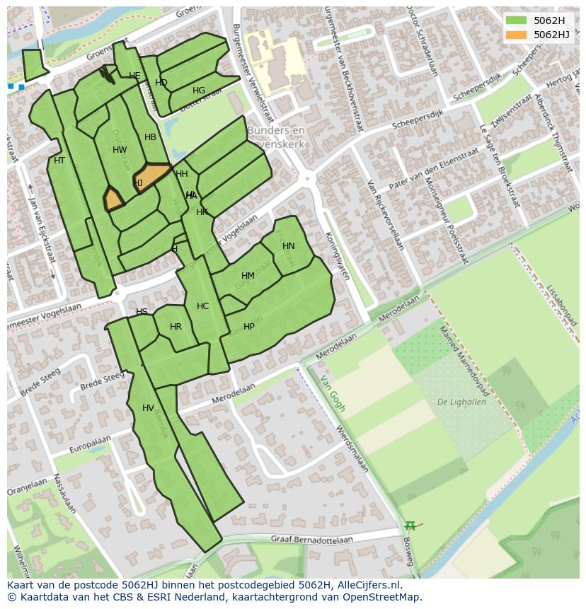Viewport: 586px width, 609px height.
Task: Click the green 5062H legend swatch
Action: click(516, 21)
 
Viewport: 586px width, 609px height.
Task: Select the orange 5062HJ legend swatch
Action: click(516, 35)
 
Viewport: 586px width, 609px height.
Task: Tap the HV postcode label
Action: click(148, 408)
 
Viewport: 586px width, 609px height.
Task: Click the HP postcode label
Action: click(249, 327)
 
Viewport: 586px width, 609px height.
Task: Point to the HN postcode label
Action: click(288, 246)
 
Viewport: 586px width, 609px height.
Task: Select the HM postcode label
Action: click(248, 276)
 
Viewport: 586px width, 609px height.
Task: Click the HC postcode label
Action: click(203, 306)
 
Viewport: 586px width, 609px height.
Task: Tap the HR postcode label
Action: click(176, 327)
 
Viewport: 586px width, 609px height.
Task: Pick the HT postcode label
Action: click(59, 161)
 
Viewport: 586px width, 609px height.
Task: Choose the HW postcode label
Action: click(120, 150)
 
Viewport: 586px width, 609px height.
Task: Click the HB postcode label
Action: click(150, 137)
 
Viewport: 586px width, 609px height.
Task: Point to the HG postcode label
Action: click(199, 91)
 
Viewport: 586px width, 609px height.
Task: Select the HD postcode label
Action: click(161, 83)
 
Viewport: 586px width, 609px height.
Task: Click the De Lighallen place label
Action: click(461, 402)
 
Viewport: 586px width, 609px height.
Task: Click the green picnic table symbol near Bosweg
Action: click(410, 526)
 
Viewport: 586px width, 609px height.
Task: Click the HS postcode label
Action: click(142, 312)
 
